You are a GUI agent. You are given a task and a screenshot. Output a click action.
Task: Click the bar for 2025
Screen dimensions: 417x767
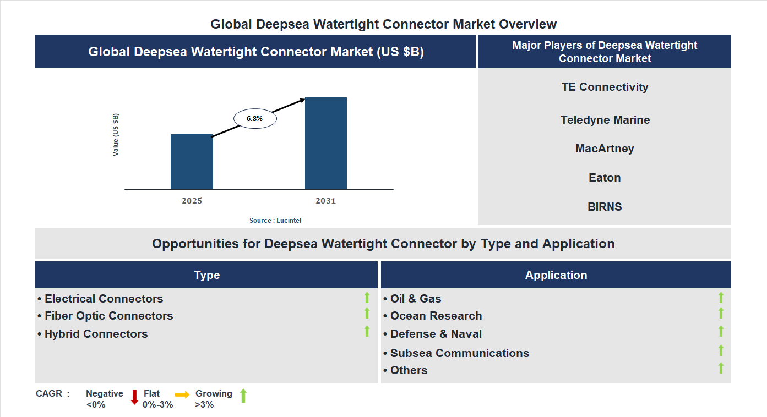[192, 162]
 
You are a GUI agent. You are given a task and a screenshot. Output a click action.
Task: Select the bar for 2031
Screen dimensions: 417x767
[326, 144]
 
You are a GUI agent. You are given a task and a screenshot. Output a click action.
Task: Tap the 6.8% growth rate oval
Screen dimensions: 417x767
[255, 118]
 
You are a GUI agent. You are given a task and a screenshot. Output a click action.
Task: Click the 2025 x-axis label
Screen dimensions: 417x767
[192, 201]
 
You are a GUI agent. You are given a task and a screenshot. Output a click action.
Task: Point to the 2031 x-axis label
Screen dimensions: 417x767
[325, 201]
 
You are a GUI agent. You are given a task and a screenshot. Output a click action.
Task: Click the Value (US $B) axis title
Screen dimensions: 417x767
[116, 135]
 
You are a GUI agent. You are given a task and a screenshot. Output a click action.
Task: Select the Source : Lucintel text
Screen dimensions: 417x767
[275, 220]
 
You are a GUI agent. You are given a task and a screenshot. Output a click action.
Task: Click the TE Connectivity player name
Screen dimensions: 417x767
[605, 87]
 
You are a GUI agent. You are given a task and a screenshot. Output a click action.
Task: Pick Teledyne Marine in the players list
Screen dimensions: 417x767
[605, 120]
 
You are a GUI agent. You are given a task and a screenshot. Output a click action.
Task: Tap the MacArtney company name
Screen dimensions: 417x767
[605, 149]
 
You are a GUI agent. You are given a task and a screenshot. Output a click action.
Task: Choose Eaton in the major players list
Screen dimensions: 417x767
[605, 178]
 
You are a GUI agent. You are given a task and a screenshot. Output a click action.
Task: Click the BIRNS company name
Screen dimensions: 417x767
[605, 207]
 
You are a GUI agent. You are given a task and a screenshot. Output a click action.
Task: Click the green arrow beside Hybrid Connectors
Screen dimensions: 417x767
[367, 331]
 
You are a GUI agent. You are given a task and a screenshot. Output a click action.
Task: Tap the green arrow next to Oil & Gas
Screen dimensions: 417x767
[721, 298]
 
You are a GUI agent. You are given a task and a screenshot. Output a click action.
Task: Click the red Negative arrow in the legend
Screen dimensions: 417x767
[134, 397]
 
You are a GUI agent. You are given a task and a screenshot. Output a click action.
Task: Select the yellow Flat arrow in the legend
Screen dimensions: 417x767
[182, 394]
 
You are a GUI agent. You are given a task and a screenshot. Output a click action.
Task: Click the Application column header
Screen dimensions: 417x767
[556, 275]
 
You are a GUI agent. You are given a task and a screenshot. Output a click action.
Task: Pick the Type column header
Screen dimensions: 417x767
[206, 275]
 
